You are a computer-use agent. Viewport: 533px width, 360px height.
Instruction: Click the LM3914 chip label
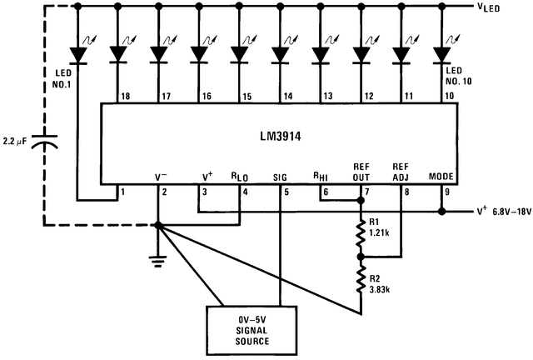pos(279,136)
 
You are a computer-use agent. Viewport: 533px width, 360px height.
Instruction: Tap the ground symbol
pos(157,257)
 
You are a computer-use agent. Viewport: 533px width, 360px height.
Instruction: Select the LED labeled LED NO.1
pos(78,54)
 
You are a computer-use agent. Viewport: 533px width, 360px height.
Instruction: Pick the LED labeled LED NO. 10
pos(441,54)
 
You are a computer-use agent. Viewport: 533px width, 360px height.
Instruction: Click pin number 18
pos(125,97)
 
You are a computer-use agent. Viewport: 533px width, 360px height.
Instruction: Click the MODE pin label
pos(441,177)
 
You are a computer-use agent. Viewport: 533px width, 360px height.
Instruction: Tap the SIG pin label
pos(280,177)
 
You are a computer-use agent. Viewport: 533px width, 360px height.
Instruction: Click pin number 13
pos(327,97)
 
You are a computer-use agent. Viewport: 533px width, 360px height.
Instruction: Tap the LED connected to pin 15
pos(239,54)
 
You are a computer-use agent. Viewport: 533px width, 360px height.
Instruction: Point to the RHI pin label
pos(320,177)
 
